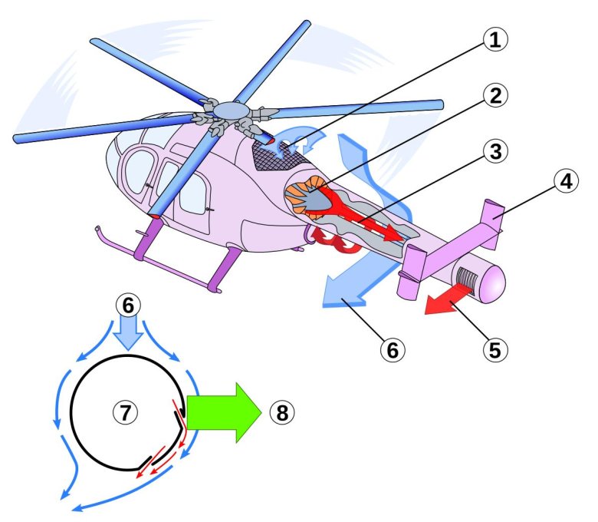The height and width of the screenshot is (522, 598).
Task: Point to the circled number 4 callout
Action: point(564,183)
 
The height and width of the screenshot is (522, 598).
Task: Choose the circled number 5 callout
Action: point(495,349)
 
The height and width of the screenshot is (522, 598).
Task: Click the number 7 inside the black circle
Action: point(125,412)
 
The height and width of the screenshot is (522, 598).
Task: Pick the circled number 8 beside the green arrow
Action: point(281,412)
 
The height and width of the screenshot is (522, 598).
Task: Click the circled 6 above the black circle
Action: point(127,304)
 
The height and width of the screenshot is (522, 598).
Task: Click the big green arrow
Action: point(222,412)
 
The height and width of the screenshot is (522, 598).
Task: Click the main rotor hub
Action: point(227,113)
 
